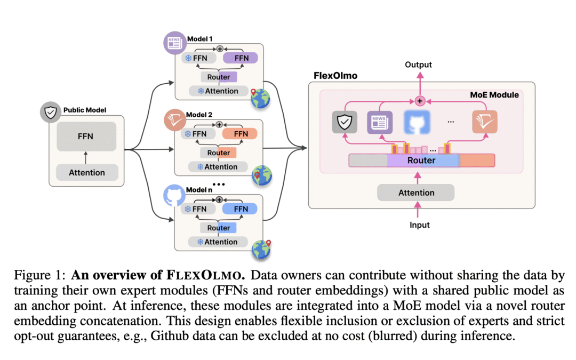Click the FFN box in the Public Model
pyautogui.click(x=86, y=136)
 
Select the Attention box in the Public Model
pyautogui.click(x=86, y=172)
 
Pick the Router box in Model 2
pyautogui.click(x=219, y=153)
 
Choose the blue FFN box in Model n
pyautogui.click(x=240, y=209)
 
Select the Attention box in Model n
pyautogui.click(x=218, y=242)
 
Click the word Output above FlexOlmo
pyautogui.click(x=419, y=65)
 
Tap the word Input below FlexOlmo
pyautogui.click(x=419, y=225)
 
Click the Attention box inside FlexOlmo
pyautogui.click(x=416, y=193)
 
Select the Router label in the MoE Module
pyautogui.click(x=421, y=160)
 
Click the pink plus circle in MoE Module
pyautogui.click(x=419, y=100)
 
